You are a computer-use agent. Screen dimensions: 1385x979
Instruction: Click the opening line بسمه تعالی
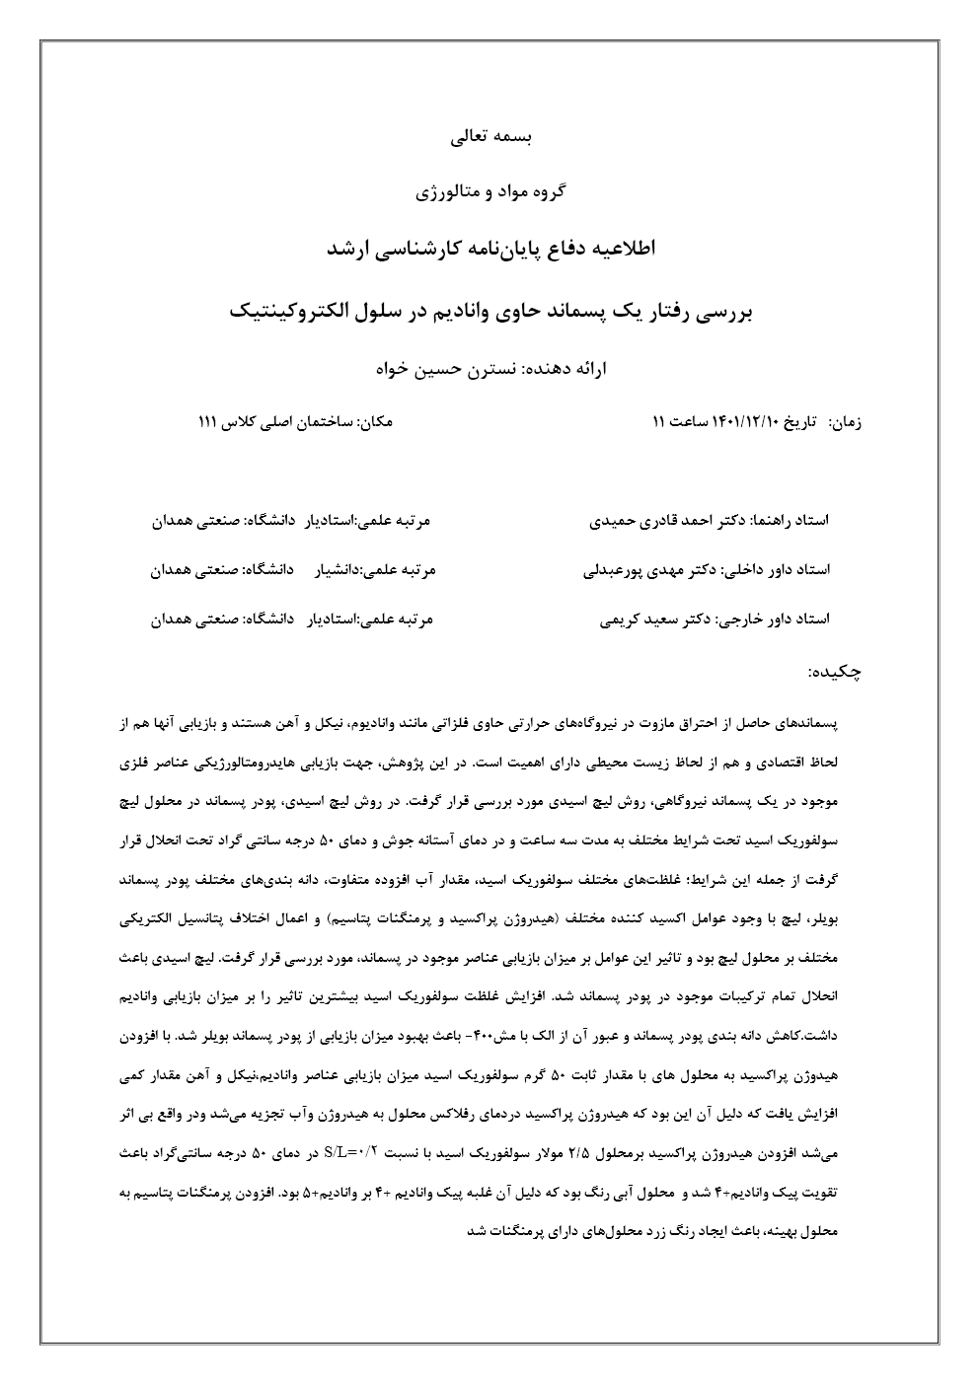coord(489,138)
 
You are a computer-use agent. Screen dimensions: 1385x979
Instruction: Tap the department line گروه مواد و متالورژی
coord(489,191)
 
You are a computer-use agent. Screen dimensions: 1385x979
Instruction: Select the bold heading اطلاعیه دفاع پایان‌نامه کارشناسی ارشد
coord(489,249)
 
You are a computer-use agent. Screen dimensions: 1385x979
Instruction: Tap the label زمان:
coord(846,422)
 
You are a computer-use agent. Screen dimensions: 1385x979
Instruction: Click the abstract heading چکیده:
coord(835,672)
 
